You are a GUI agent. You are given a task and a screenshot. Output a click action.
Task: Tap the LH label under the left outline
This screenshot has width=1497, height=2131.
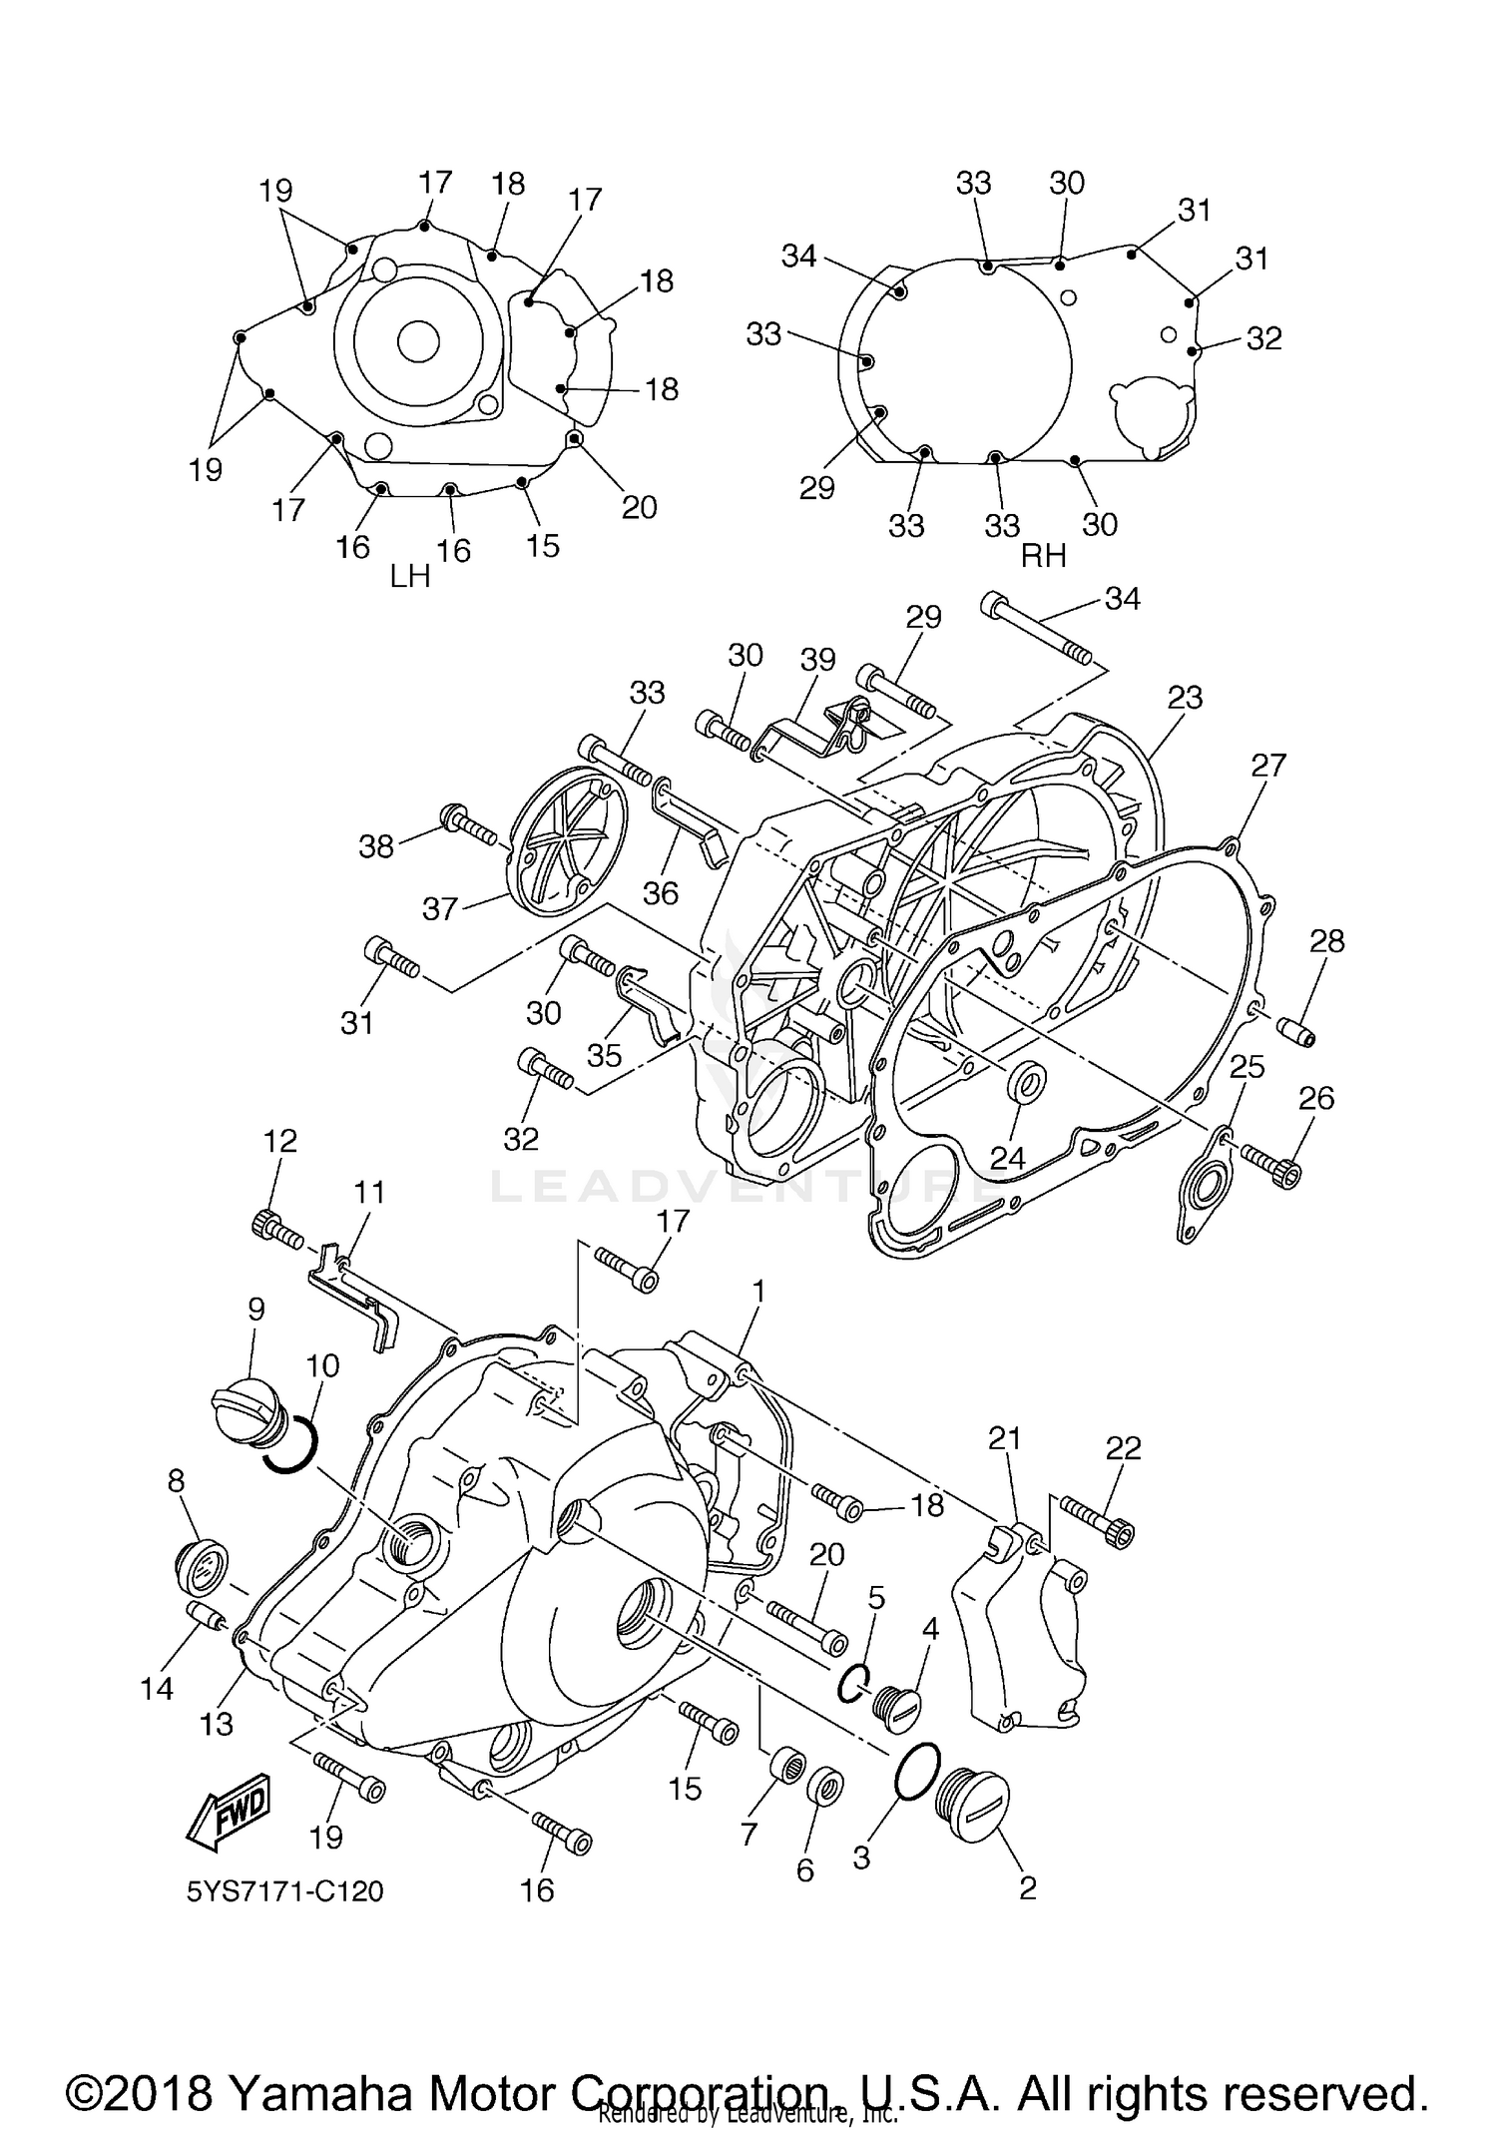pyautogui.click(x=410, y=577)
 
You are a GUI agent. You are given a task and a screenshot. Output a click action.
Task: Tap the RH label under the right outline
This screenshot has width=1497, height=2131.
pyautogui.click(x=1044, y=557)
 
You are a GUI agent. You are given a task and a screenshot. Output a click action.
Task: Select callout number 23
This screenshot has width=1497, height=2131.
pyautogui.click(x=1185, y=697)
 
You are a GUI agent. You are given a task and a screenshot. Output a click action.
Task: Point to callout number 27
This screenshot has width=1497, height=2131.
pyautogui.click(x=1268, y=766)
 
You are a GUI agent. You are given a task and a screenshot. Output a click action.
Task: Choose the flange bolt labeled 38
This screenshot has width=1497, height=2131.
pyautogui.click(x=469, y=821)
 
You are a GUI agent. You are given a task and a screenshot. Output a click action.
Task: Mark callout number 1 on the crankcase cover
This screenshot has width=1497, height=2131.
pyautogui.click(x=758, y=1292)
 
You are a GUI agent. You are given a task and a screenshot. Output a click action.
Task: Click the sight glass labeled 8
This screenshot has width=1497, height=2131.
pyautogui.click(x=201, y=1567)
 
